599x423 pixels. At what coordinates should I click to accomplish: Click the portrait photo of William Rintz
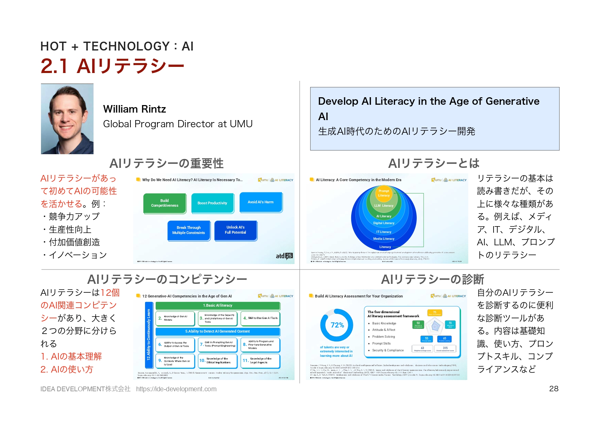click(x=67, y=119)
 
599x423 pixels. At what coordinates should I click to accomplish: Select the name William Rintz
click(x=134, y=109)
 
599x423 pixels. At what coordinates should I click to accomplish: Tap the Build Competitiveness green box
click(x=165, y=203)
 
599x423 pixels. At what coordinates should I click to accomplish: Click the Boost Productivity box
click(x=212, y=203)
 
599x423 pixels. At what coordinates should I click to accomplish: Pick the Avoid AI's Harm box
click(x=260, y=202)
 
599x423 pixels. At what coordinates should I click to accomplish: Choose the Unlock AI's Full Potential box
click(x=235, y=230)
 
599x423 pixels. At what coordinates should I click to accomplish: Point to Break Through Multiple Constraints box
click(x=188, y=230)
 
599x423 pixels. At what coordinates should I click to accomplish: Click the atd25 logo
click(x=284, y=256)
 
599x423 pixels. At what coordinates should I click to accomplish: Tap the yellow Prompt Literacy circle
click(x=384, y=193)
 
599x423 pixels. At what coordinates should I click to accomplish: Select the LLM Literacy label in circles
click(x=384, y=206)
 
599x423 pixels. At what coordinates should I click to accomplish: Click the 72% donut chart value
click(x=337, y=325)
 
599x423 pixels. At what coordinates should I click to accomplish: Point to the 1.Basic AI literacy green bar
click(x=217, y=305)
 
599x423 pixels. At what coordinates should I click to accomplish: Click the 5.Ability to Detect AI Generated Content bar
click(x=217, y=331)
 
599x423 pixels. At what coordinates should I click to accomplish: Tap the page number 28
click(x=554, y=389)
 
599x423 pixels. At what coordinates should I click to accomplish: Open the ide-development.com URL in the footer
click(x=176, y=389)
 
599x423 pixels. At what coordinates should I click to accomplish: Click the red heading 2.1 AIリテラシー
click(x=112, y=66)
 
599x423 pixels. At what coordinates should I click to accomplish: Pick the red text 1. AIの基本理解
click(x=71, y=356)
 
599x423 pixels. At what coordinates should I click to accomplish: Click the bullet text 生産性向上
click(x=70, y=230)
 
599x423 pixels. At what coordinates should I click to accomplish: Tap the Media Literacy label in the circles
click(x=384, y=239)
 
